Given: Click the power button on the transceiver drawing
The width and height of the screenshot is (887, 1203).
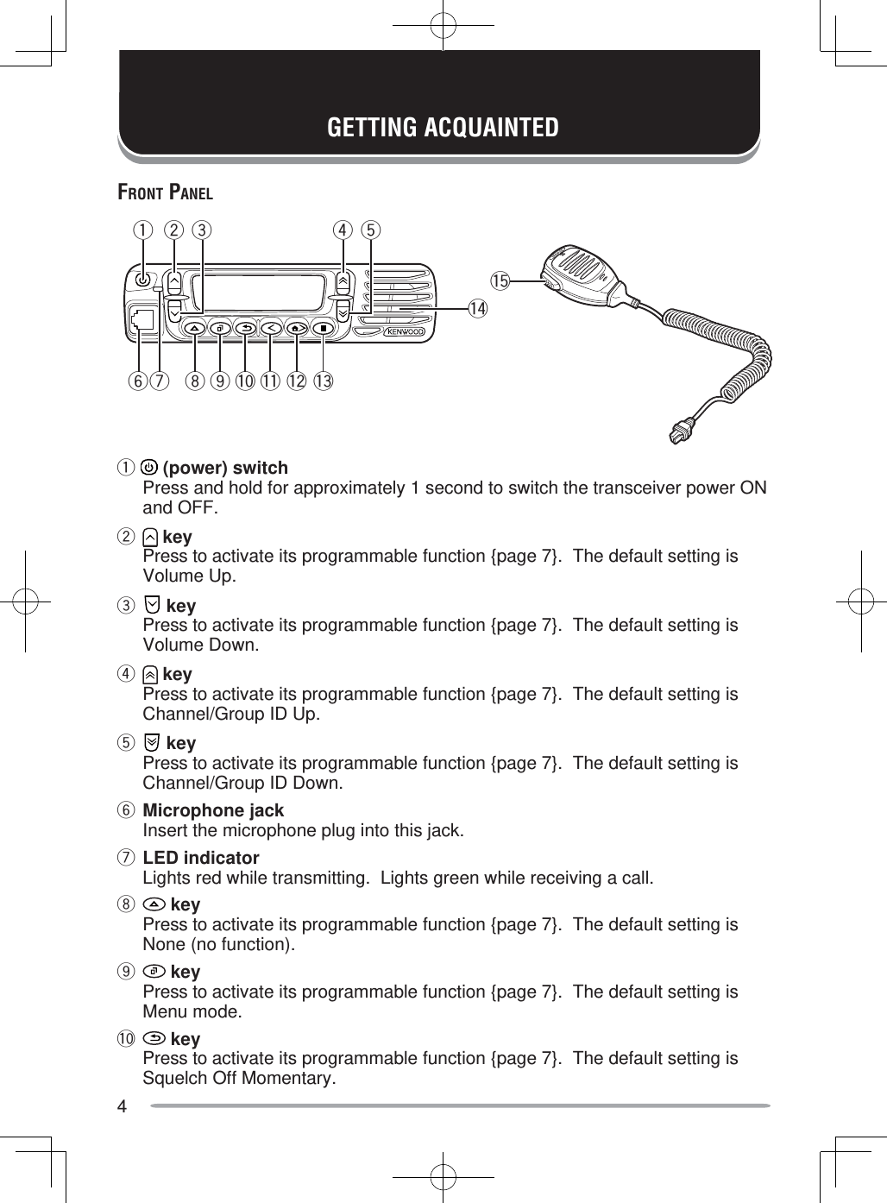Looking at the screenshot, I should [x=143, y=280].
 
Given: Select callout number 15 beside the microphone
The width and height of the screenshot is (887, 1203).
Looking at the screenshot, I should [x=500, y=280].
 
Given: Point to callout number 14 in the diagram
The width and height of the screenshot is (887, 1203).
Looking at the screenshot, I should [x=477, y=308].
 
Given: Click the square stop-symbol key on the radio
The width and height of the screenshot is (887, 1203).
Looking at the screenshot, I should [x=323, y=328].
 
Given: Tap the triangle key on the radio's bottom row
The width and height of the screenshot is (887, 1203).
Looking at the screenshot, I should [x=195, y=328].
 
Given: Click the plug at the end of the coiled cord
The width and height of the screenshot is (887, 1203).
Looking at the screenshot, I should [x=682, y=429].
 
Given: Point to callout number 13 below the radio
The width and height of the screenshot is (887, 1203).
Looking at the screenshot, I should [x=324, y=381].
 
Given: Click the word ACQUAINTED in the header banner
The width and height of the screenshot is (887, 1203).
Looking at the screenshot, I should [x=491, y=128].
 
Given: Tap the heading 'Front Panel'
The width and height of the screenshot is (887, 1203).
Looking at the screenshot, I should [x=165, y=192].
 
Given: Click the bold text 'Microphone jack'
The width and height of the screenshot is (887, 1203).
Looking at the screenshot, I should [x=213, y=810].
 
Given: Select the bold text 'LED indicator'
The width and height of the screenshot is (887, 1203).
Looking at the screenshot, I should [x=201, y=858].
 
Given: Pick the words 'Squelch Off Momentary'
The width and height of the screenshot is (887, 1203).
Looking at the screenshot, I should [x=238, y=1079].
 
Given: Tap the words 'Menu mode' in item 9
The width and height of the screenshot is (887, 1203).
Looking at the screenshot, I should [x=192, y=1011].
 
